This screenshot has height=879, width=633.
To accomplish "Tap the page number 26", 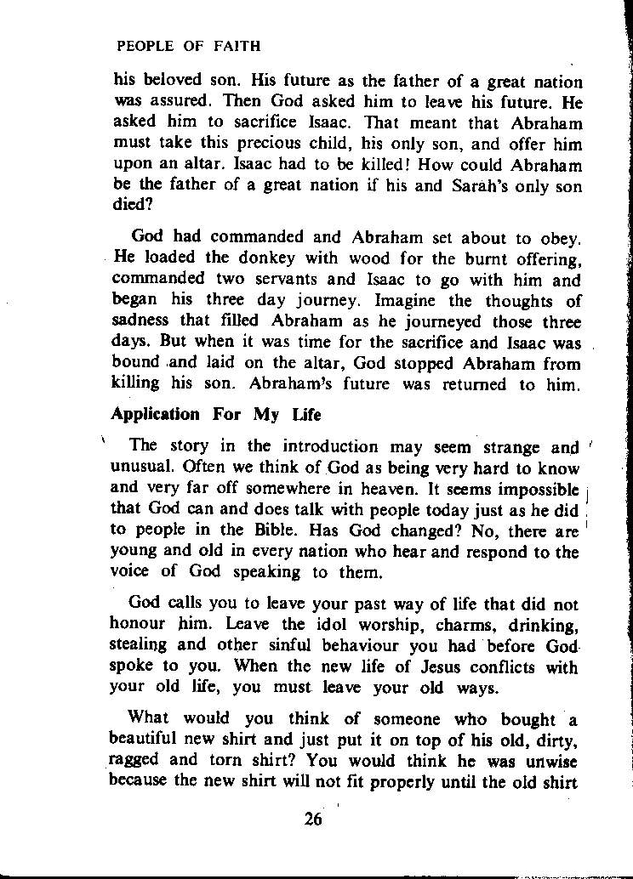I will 314,819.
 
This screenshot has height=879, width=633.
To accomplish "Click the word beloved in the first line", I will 174,82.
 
